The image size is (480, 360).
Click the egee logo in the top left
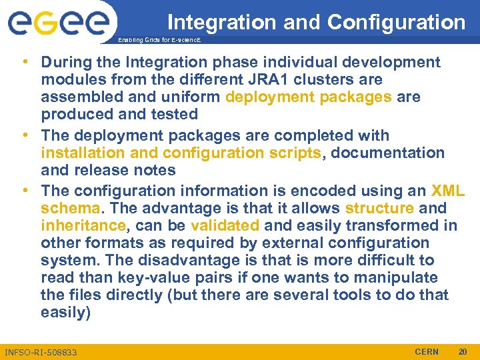(59, 24)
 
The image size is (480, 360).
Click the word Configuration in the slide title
(397, 22)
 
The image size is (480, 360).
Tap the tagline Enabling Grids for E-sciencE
(159, 41)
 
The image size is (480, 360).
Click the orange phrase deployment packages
(309, 97)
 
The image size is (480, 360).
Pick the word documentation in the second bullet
(387, 153)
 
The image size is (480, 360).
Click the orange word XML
(448, 191)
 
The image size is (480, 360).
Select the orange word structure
(379, 208)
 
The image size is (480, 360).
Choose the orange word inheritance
(83, 225)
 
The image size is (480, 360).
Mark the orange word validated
(225, 225)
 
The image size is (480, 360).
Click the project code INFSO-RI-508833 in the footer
(41, 351)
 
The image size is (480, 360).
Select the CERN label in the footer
(427, 351)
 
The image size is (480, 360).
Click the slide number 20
(463, 351)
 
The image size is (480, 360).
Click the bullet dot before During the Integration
(25, 62)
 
